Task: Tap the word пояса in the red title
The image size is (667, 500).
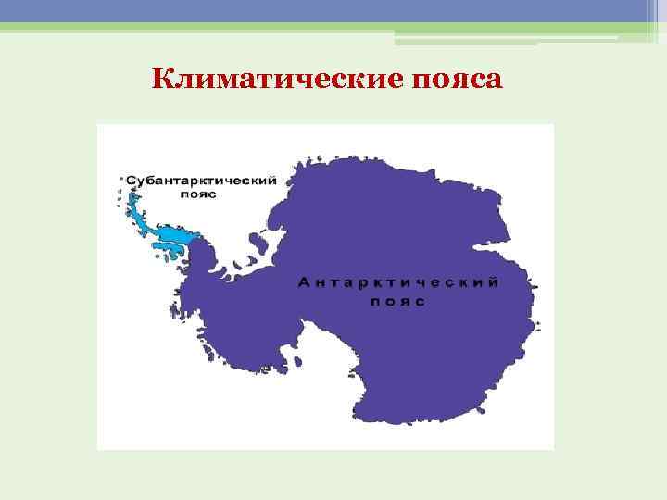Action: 453,81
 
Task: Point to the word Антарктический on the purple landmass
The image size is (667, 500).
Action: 398,282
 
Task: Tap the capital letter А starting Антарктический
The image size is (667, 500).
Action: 303,282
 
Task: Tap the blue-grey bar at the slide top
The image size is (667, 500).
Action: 333,10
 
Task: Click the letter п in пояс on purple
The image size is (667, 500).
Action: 374,302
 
